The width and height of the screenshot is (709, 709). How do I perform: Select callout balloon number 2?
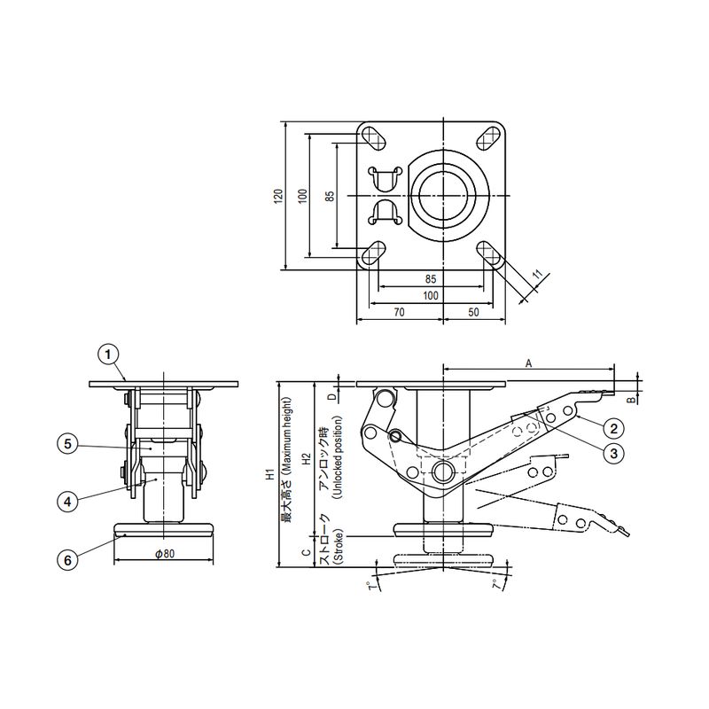point(613,428)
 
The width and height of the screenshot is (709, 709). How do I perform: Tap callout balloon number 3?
point(613,453)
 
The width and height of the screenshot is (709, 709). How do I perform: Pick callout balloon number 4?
point(67,502)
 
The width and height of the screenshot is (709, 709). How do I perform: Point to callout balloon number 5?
point(67,444)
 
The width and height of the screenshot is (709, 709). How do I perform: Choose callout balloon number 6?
point(67,560)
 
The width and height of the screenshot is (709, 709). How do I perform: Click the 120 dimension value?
point(278,196)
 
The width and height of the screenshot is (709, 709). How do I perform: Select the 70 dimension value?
point(400,312)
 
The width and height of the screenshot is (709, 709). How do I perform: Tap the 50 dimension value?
point(473,312)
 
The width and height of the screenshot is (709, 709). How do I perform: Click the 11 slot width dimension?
point(537,274)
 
